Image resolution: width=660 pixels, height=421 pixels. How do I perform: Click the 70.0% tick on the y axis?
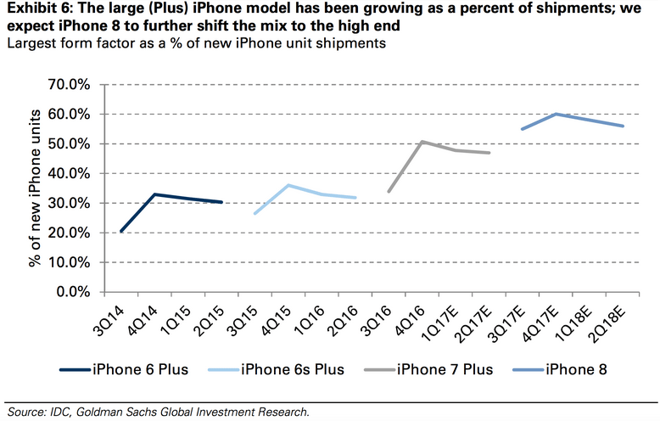point(73,85)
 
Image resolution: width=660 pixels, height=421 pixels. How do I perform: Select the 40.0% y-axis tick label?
point(73,173)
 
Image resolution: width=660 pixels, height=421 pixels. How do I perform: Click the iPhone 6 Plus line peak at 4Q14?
point(154,194)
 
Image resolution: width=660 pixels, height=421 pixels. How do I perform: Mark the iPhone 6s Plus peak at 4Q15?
point(288,185)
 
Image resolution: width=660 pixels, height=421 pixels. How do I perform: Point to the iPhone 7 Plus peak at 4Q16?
point(422,142)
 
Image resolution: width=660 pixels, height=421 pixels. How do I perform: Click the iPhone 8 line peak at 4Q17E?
point(556,114)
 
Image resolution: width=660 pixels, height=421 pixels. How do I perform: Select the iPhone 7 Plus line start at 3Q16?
point(389,192)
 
